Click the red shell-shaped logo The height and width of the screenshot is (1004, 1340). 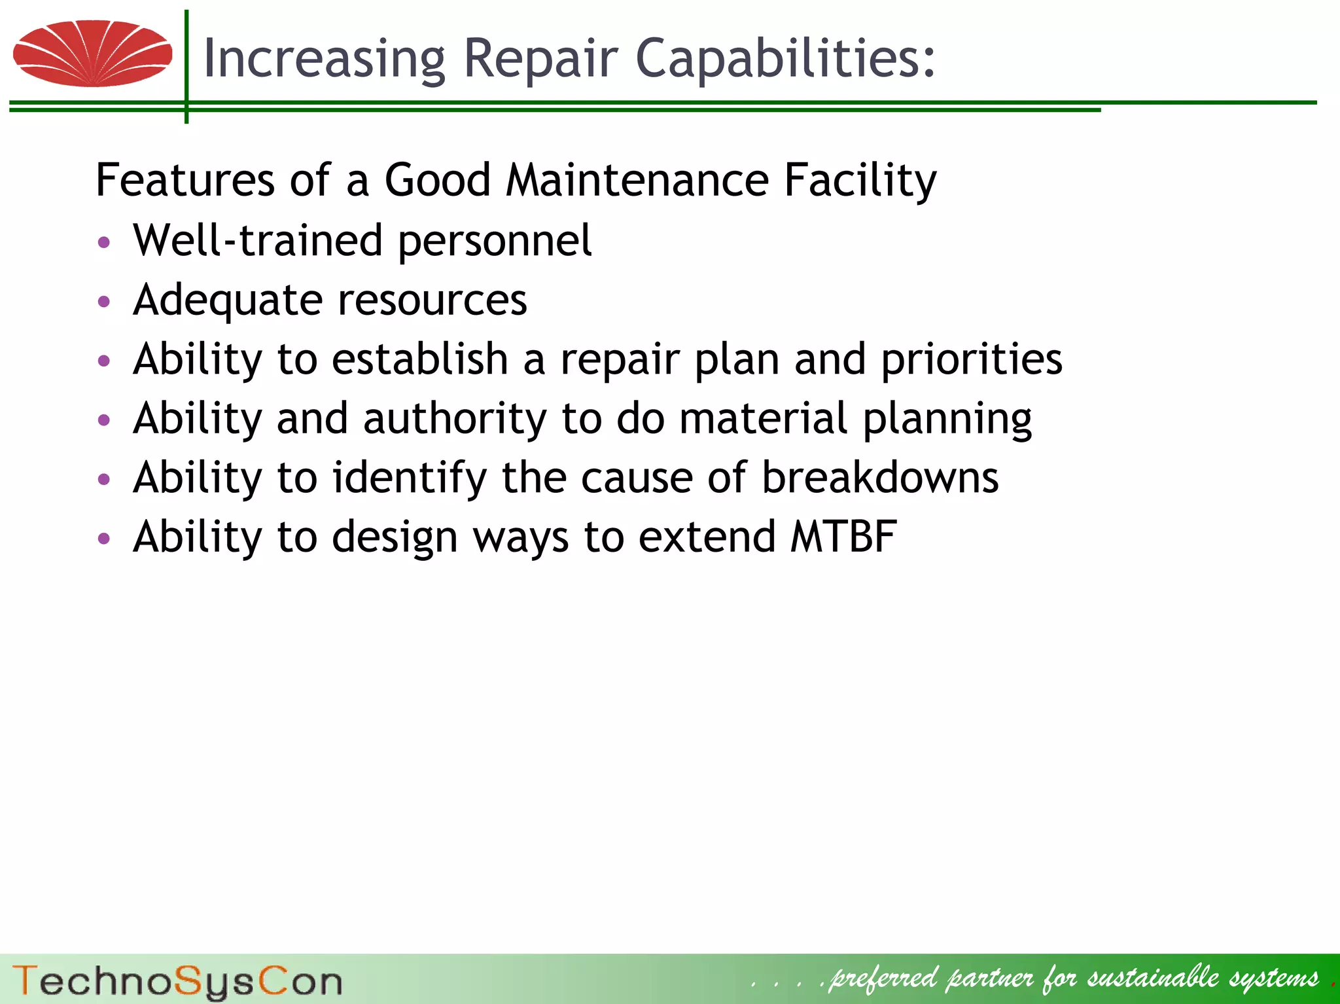pyautogui.click(x=92, y=54)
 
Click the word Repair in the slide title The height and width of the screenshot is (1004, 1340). pyautogui.click(x=540, y=59)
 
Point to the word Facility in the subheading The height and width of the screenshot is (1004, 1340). pyautogui.click(x=860, y=181)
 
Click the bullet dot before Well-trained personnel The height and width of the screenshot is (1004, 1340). pyautogui.click(x=103, y=243)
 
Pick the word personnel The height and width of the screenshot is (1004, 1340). pyautogui.click(x=495, y=242)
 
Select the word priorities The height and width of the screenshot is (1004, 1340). pyautogui.click(x=972, y=360)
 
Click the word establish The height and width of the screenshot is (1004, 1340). pyautogui.click(x=420, y=359)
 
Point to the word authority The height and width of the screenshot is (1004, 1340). pyautogui.click(x=455, y=419)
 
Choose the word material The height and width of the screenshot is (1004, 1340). pyautogui.click(x=763, y=418)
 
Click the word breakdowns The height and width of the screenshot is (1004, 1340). pyautogui.click(x=880, y=477)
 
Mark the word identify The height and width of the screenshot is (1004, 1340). pyautogui.click(x=410, y=478)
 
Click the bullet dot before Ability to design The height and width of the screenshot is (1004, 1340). pyautogui.click(x=103, y=539)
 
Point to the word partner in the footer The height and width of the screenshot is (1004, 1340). pyautogui.click(x=991, y=978)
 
